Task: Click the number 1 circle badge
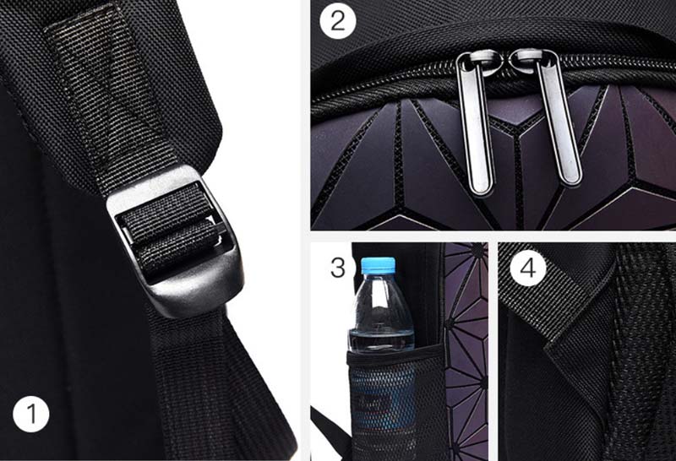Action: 31,414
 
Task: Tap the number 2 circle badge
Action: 338,21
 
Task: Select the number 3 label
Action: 338,268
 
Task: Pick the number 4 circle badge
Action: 528,268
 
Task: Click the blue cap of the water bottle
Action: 378,264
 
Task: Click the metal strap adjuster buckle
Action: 177,241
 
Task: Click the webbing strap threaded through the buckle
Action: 171,228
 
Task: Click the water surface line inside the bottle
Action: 380,331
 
